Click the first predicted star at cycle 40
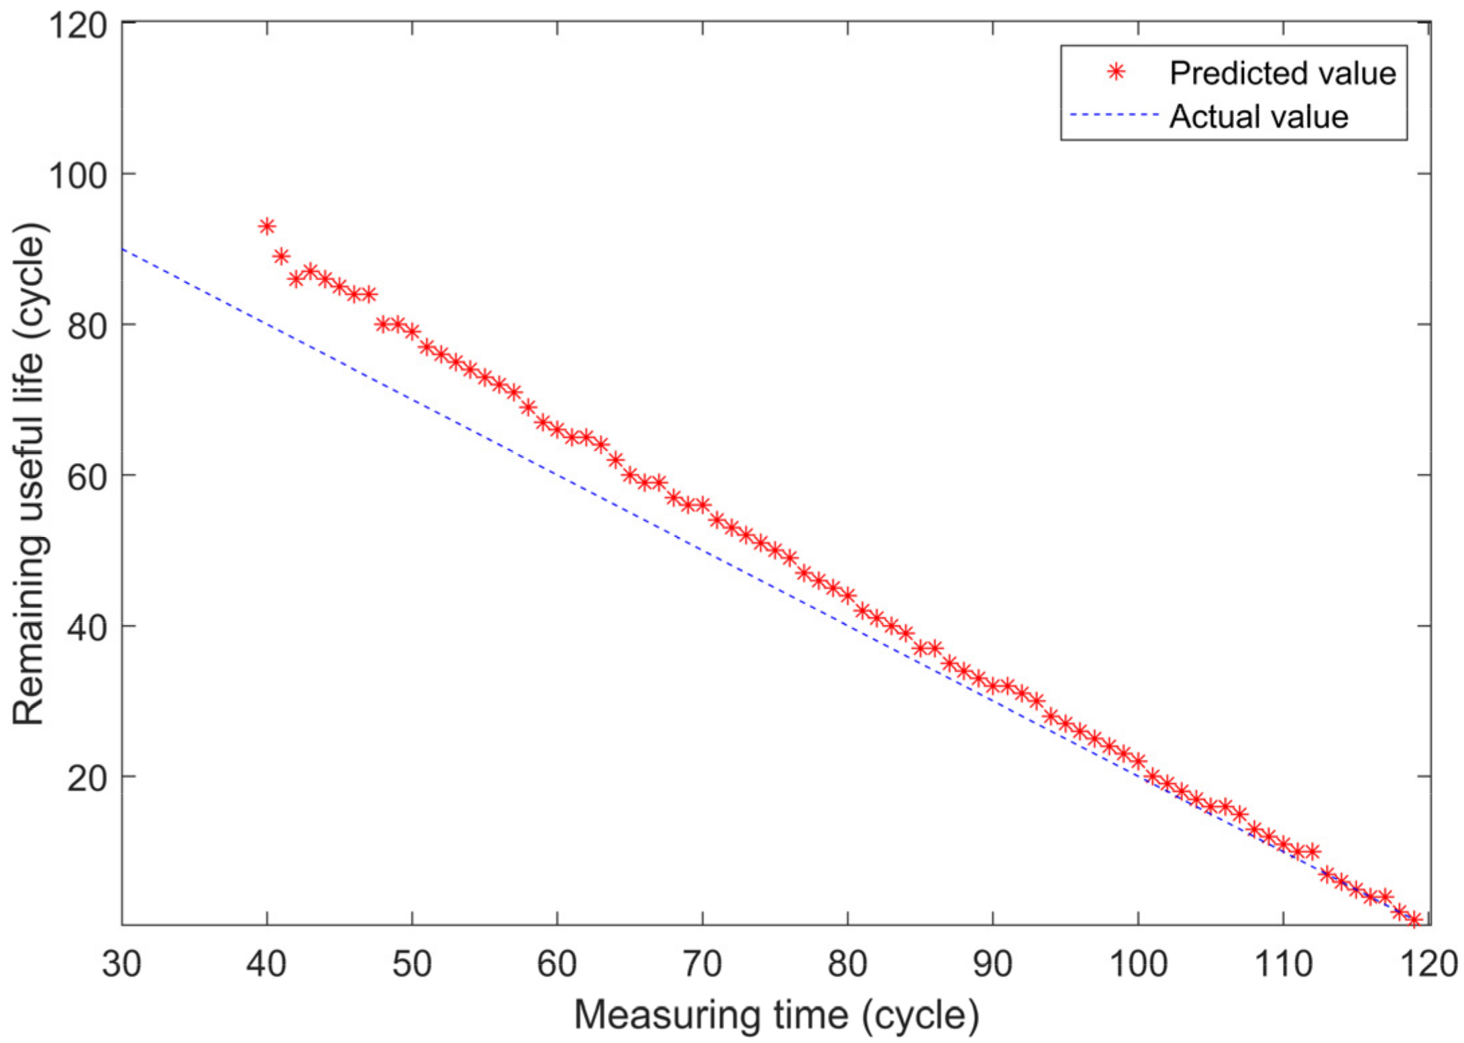(267, 226)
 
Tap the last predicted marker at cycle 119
(1414, 920)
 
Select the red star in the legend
(1116, 72)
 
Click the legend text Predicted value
(1282, 73)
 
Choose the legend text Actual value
(1259, 117)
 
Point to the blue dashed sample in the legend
(1114, 115)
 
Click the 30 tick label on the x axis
(121, 964)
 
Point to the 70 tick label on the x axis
(702, 964)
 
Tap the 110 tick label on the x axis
(1283, 964)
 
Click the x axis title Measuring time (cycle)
(776, 1014)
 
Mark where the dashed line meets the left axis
(123, 249)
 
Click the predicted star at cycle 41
(281, 256)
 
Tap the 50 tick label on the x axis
(412, 964)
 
